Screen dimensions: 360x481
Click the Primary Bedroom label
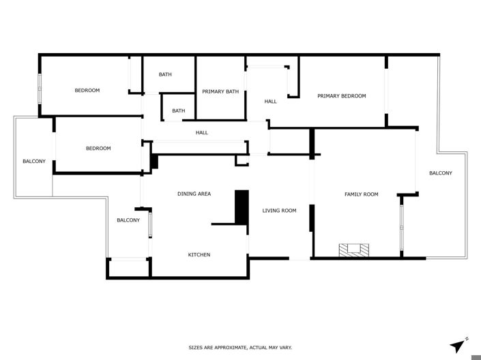[341, 96]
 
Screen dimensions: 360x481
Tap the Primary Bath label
[220, 91]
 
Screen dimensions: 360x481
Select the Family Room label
[361, 194]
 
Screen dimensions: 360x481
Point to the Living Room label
[279, 211]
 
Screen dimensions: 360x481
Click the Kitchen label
[199, 255]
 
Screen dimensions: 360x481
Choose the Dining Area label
[194, 194]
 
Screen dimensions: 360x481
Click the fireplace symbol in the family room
[356, 250]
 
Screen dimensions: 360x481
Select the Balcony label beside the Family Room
[440, 173]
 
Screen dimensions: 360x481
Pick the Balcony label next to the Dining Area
[128, 220]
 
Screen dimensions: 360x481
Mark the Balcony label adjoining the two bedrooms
[34, 162]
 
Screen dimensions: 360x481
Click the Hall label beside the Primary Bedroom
[271, 102]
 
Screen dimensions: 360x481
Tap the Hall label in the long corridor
[202, 133]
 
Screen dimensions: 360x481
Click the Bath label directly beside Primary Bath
[165, 74]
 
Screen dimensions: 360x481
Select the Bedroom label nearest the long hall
[98, 149]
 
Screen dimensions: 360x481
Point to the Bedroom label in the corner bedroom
[87, 91]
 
